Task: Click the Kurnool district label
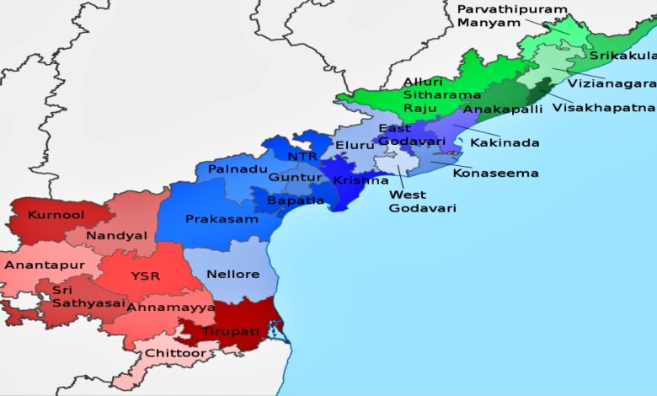(56, 215)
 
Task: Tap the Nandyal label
(116, 236)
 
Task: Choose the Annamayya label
(171, 308)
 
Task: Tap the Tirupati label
(230, 331)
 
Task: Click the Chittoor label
(175, 353)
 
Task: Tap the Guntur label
(295, 178)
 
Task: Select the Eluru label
(355, 146)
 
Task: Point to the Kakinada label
(505, 143)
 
